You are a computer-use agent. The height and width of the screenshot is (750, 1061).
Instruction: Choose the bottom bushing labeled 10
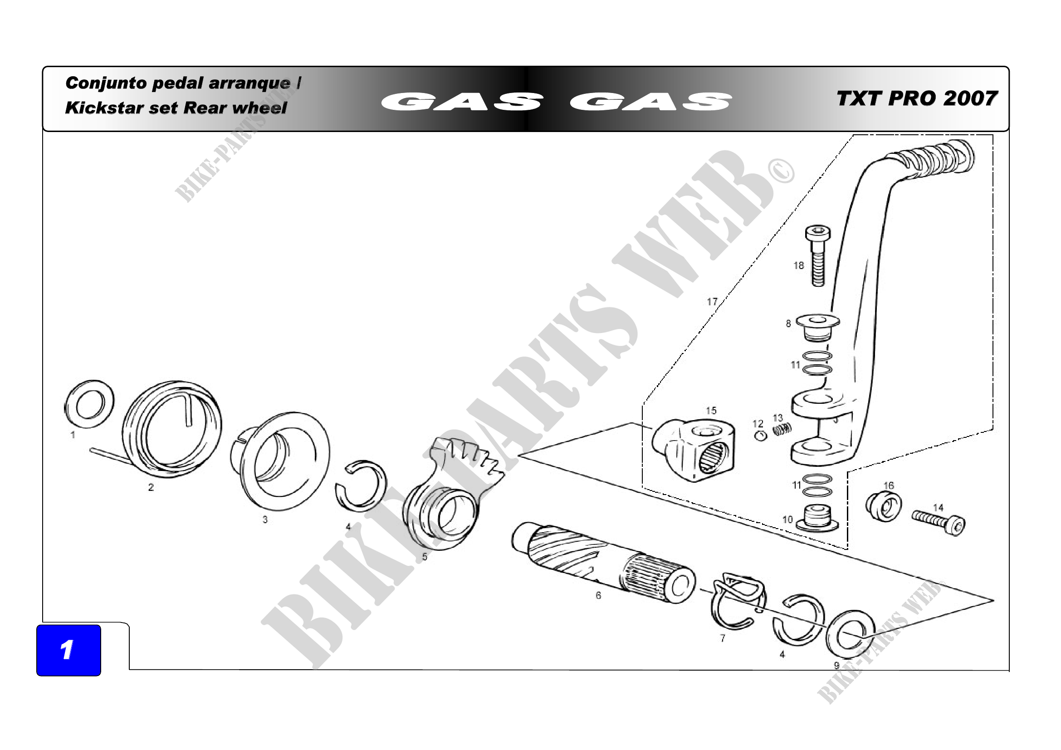[817, 518]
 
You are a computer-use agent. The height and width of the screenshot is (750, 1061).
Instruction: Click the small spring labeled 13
[782, 429]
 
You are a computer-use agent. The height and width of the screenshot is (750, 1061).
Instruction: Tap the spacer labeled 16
[883, 506]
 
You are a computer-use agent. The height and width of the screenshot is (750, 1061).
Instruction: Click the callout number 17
[712, 301]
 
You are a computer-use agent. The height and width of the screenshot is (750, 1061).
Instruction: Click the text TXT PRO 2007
[917, 98]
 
